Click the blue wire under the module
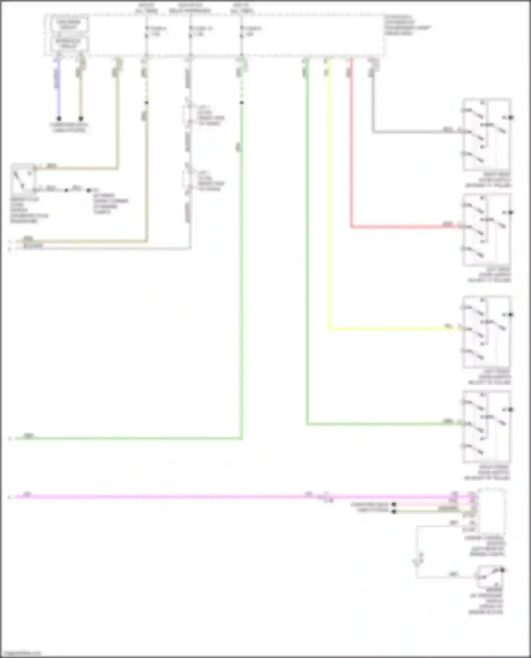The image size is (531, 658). coord(59,88)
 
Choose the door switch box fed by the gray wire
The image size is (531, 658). coord(487,134)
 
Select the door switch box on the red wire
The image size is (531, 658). coord(487,229)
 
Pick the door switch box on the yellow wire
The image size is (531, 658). coord(487,331)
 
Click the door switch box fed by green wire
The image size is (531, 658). coord(487,426)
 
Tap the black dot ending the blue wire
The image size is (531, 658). coord(59,119)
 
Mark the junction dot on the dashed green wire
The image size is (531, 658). coord(242,103)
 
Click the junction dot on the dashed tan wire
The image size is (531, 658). coord(147,103)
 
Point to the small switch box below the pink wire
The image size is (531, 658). coord(490,576)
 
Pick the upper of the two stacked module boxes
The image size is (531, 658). coord(69,24)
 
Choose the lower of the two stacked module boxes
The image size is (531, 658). coord(69,43)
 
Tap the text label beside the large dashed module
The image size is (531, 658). coord(407,25)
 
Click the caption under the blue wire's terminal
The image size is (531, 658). coord(69,128)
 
